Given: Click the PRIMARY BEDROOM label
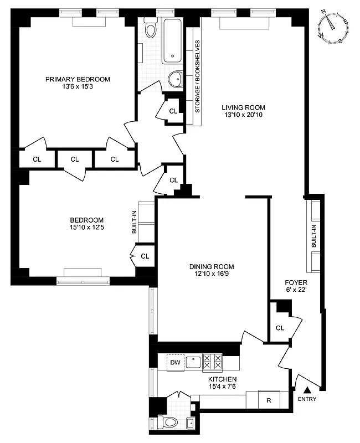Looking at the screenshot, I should (x=78, y=79).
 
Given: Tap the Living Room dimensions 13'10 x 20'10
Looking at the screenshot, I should (x=243, y=116).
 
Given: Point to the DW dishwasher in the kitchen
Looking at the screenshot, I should (x=176, y=362).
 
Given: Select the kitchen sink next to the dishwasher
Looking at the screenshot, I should (x=193, y=362).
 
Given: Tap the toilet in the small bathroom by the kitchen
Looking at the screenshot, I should (x=168, y=423).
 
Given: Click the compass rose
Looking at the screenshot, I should (x=333, y=27).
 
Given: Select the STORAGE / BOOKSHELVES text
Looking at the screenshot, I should (x=197, y=76).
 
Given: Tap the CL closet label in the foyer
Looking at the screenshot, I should (x=280, y=328).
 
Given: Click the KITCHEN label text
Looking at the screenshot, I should (x=223, y=379).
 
